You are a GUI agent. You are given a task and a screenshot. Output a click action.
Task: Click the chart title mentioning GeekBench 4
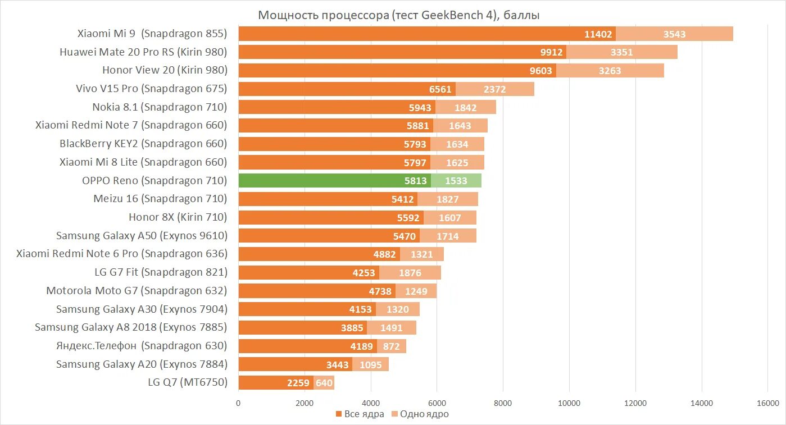[399, 15]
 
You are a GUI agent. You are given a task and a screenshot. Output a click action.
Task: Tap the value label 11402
[598, 34]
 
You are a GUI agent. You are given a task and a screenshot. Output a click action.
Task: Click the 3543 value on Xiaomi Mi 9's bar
[674, 34]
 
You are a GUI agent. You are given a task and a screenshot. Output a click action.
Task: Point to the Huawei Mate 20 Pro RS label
[143, 52]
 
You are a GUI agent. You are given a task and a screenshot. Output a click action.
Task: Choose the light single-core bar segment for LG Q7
[324, 383]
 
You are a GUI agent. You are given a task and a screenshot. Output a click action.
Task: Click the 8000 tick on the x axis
[503, 403]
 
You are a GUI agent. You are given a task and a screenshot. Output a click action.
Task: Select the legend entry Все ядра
[360, 414]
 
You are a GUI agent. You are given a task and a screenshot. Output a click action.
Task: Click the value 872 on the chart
[391, 346]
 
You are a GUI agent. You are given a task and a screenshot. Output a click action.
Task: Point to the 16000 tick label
[767, 403]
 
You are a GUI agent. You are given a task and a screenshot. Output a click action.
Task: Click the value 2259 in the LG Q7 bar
[298, 383]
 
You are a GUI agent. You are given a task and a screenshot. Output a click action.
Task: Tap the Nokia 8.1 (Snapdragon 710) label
[160, 107]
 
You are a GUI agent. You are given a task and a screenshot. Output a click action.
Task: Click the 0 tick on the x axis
[238, 403]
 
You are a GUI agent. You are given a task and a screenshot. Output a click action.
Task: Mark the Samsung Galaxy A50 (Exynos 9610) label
[142, 236]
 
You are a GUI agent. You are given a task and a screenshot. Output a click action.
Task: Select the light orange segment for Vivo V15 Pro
[495, 89]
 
